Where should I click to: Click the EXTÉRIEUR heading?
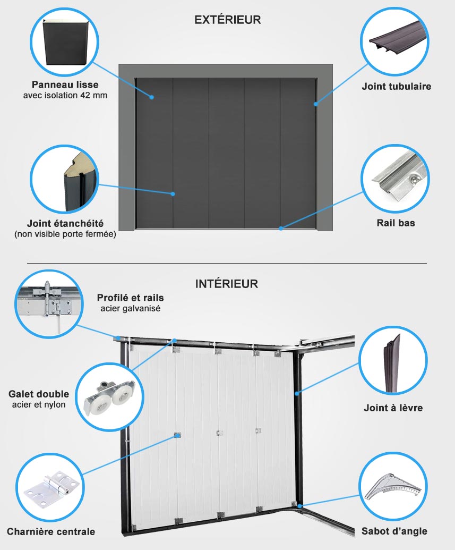pyautogui.click(x=227, y=20)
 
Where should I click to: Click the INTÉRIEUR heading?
pyautogui.click(x=227, y=283)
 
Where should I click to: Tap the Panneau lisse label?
pyautogui.click(x=65, y=84)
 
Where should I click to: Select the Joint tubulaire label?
pyautogui.click(x=397, y=86)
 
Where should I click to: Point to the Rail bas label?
pyautogui.click(x=396, y=223)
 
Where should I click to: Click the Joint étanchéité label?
pyautogui.click(x=65, y=223)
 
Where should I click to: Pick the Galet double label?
pyautogui.click(x=39, y=394)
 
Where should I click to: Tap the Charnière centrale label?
pyautogui.click(x=51, y=532)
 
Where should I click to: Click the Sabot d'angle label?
pyautogui.click(x=394, y=531)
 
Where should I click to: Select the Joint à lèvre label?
pyautogui.click(x=393, y=408)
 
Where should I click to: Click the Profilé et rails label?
pyautogui.click(x=131, y=298)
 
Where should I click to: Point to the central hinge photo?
pyautogui.click(x=50, y=487)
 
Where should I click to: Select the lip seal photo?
pyautogui.click(x=392, y=362)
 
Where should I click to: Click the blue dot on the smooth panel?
pyautogui.click(x=152, y=97)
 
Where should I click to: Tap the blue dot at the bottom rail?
pyautogui.click(x=281, y=229)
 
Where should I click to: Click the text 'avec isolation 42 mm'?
pyautogui.click(x=65, y=95)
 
